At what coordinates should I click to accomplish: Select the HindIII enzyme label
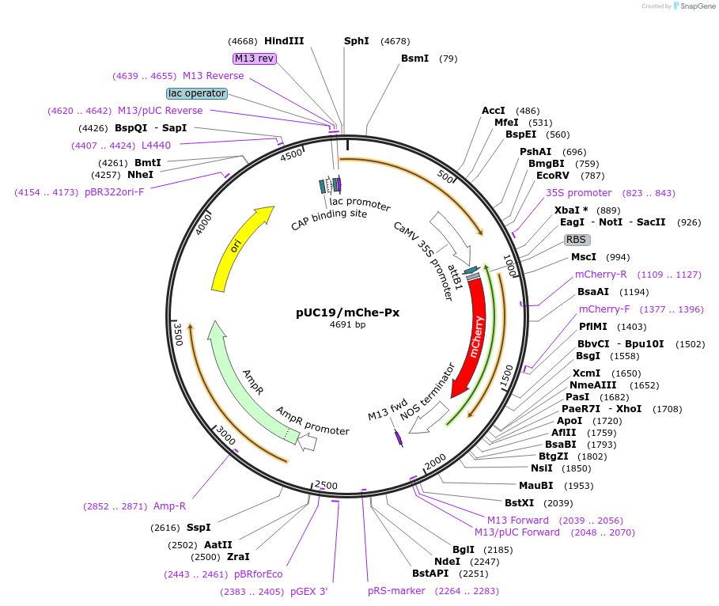point(284,41)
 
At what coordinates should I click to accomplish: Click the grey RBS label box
point(577,240)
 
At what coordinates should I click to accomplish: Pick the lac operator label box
point(197,93)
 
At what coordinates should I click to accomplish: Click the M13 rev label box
point(254,59)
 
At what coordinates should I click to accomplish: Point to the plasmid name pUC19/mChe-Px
point(347,312)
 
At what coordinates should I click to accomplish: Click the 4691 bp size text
point(347,325)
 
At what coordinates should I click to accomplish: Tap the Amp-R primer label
point(169,506)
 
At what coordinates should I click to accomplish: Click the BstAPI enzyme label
point(430,573)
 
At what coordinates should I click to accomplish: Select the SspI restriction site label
point(199,528)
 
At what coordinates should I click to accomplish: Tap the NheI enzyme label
point(140,175)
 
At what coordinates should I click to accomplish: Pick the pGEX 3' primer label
point(308,591)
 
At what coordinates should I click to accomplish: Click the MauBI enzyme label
point(535,486)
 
